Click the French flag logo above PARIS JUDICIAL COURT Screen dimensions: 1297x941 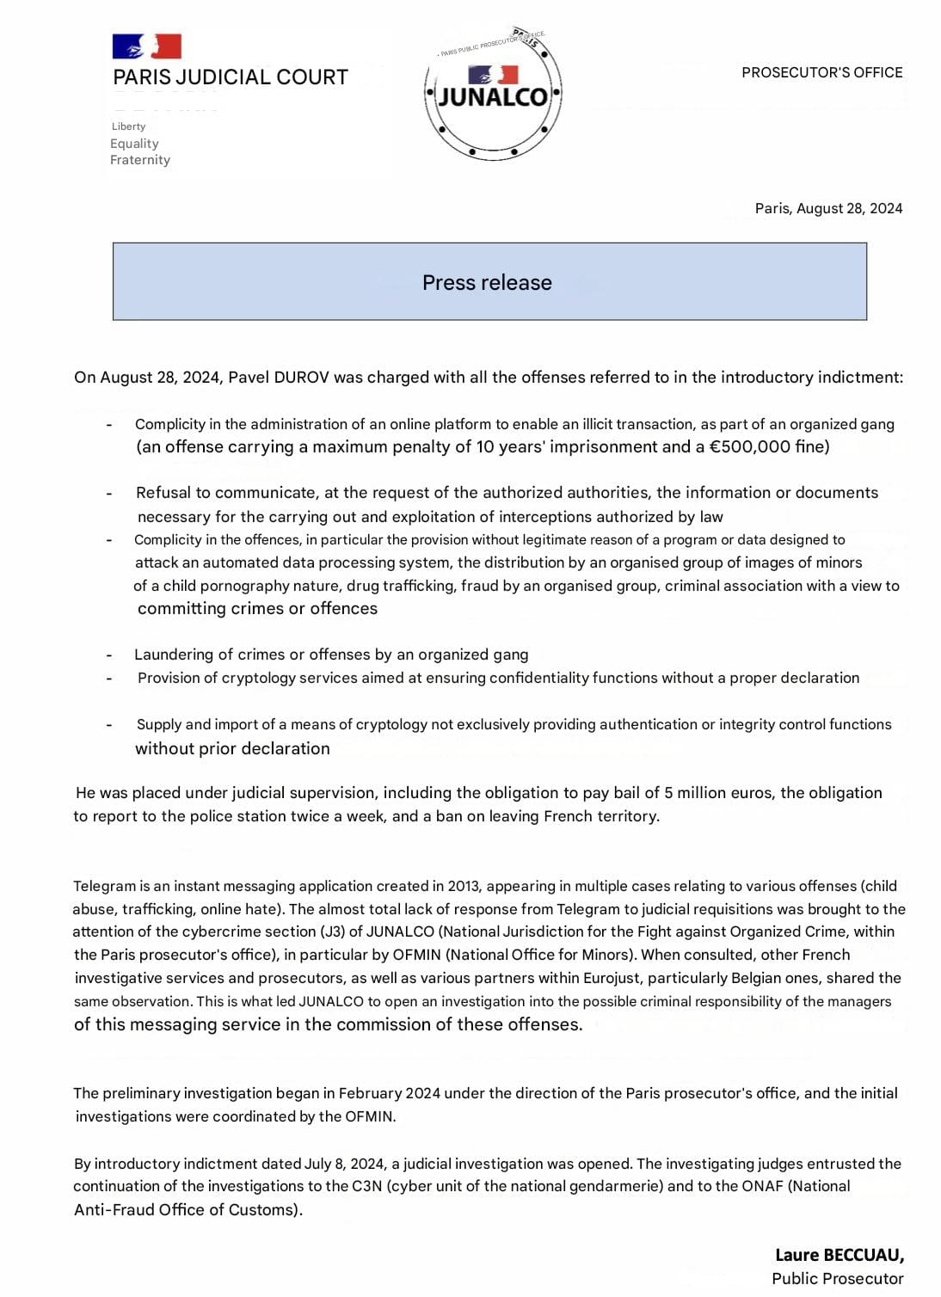coord(146,46)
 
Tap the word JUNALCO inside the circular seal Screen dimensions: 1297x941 coord(493,96)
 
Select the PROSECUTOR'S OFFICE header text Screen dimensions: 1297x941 coord(821,73)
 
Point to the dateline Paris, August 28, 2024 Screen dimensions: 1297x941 coord(828,208)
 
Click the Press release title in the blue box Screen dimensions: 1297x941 coord(487,282)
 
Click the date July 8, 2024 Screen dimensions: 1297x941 coord(344,1164)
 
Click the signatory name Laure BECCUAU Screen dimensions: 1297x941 coord(839,1255)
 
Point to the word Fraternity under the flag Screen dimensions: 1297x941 coord(140,160)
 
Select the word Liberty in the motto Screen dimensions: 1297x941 coord(128,126)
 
